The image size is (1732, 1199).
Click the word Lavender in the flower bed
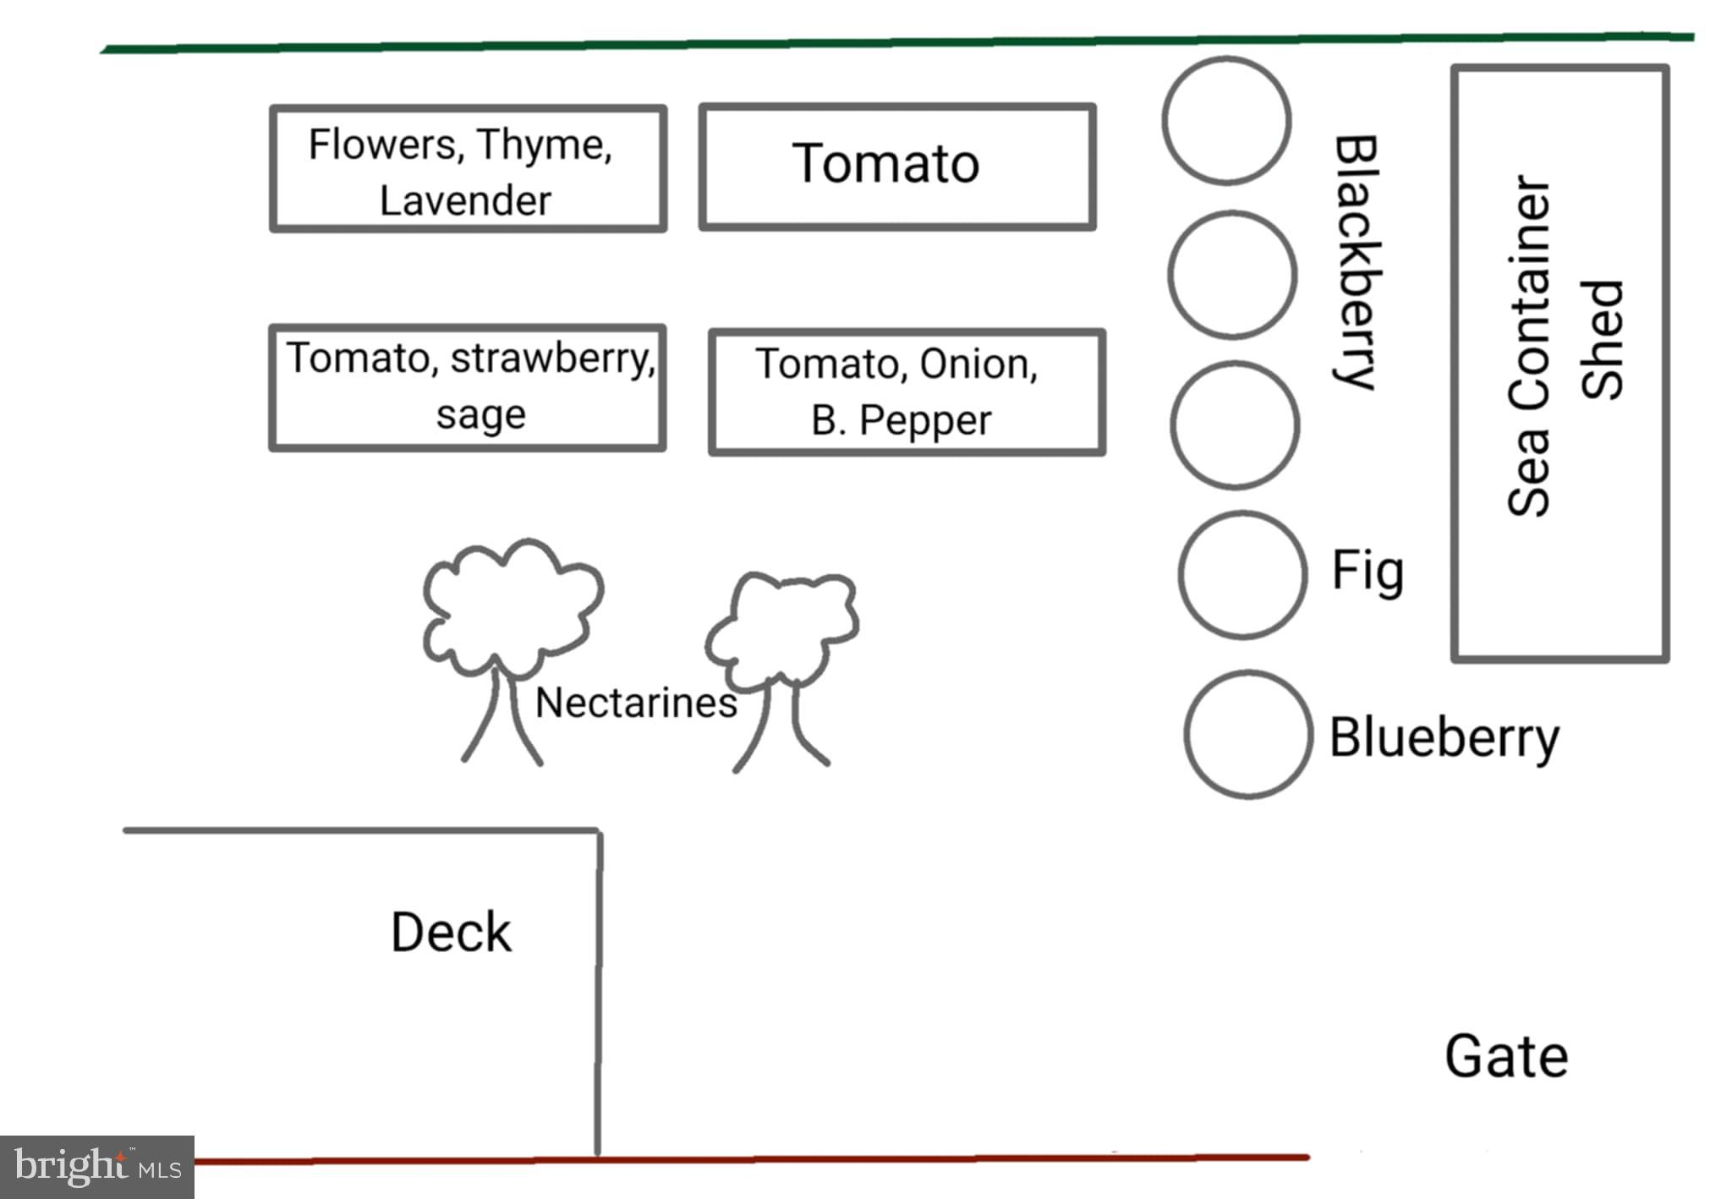(465, 201)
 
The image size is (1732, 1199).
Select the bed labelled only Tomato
(896, 167)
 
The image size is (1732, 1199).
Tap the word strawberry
(553, 359)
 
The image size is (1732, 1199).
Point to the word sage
(480, 415)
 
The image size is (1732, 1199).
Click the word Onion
(978, 364)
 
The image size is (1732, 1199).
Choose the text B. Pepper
(901, 420)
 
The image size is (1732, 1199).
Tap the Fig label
(1368, 572)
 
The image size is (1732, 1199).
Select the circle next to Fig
(1242, 574)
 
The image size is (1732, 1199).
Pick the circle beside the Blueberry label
(1248, 734)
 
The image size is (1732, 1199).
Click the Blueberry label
(1444, 738)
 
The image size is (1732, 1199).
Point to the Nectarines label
(636, 703)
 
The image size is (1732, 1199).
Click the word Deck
(451, 933)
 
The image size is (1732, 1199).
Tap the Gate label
(1506, 1057)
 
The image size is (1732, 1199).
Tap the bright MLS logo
(97, 1167)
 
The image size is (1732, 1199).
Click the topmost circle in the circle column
(1226, 121)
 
